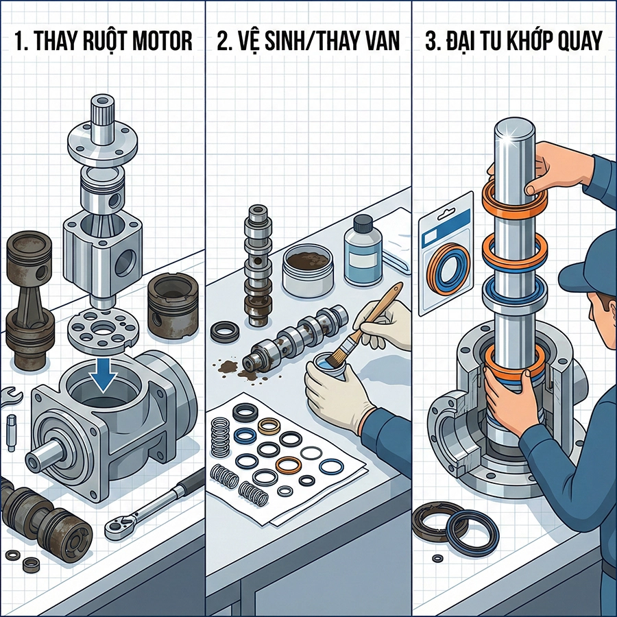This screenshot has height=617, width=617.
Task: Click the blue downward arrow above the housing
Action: [102, 374]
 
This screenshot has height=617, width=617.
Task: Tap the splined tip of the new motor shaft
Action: [102, 110]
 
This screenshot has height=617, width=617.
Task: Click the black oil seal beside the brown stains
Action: [224, 333]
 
